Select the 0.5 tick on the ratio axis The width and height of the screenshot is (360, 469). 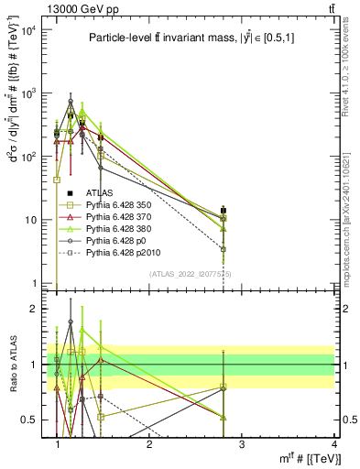[33, 420]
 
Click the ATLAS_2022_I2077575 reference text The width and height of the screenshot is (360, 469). [191, 274]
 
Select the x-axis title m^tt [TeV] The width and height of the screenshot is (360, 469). [311, 459]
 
